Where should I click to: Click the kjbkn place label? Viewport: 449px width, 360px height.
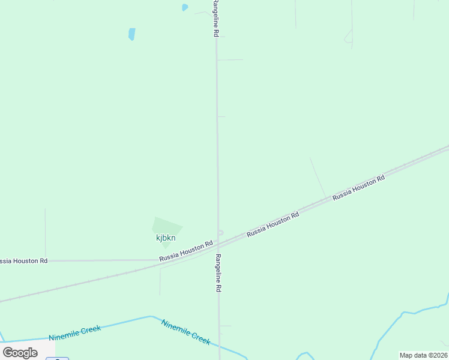(166, 238)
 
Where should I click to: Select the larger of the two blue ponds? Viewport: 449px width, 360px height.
(131, 34)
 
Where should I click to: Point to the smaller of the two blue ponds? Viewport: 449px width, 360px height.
(185, 8)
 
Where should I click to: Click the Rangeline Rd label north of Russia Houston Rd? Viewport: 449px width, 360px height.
(214, 19)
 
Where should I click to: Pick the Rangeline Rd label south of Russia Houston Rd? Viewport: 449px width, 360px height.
(218, 273)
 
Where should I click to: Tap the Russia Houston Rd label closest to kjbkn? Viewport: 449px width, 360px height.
(186, 251)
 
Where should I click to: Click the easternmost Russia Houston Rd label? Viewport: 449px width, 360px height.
(358, 187)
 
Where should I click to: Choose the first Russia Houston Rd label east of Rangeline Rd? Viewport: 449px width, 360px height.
(273, 224)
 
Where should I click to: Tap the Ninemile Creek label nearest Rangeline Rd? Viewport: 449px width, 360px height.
(185, 331)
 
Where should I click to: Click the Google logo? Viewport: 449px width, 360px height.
(20, 353)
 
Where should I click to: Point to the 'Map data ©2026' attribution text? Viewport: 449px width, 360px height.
(423, 355)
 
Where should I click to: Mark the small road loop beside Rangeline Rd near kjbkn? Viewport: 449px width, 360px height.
(220, 233)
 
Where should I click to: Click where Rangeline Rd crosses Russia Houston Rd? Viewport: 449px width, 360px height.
(218, 245)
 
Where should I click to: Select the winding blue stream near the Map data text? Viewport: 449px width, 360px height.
(396, 324)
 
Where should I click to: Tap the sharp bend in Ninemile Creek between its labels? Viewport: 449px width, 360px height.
(151, 317)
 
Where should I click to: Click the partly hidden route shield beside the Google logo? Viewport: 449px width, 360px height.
(58, 358)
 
